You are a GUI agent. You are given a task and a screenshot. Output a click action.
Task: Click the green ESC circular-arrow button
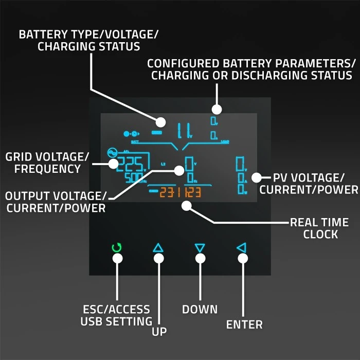(117, 248)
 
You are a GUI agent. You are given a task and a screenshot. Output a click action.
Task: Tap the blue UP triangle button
(158, 248)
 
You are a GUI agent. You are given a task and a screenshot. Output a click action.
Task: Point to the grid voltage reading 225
(132, 164)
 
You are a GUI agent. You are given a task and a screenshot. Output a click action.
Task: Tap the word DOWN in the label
(200, 310)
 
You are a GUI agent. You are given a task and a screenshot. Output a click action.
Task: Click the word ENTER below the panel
(244, 325)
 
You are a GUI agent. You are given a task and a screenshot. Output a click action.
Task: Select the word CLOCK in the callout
(320, 235)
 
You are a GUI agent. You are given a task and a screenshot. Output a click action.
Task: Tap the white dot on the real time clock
(187, 206)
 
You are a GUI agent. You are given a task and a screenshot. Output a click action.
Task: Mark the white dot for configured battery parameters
(217, 109)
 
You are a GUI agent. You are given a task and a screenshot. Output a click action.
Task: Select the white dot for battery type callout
(160, 122)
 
